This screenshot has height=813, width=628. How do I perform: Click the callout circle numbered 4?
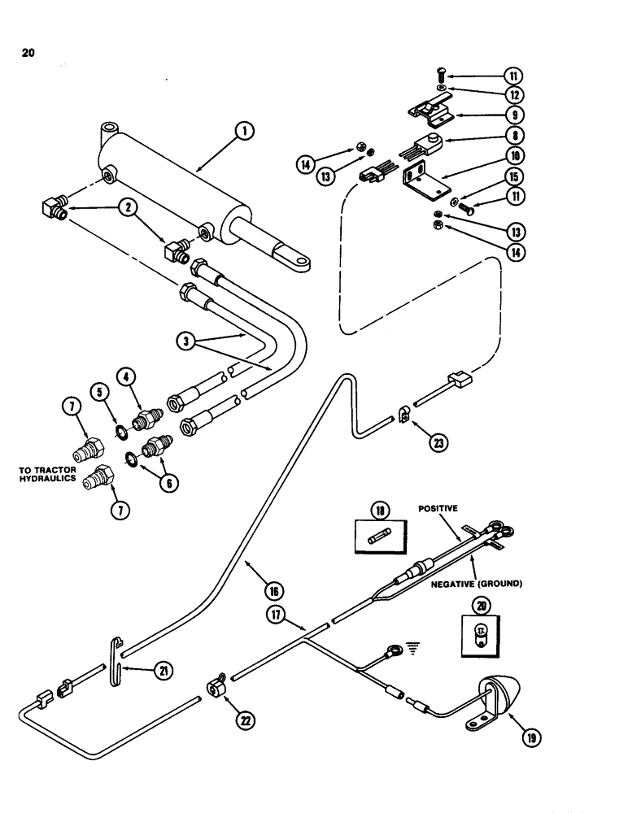coord(127,377)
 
